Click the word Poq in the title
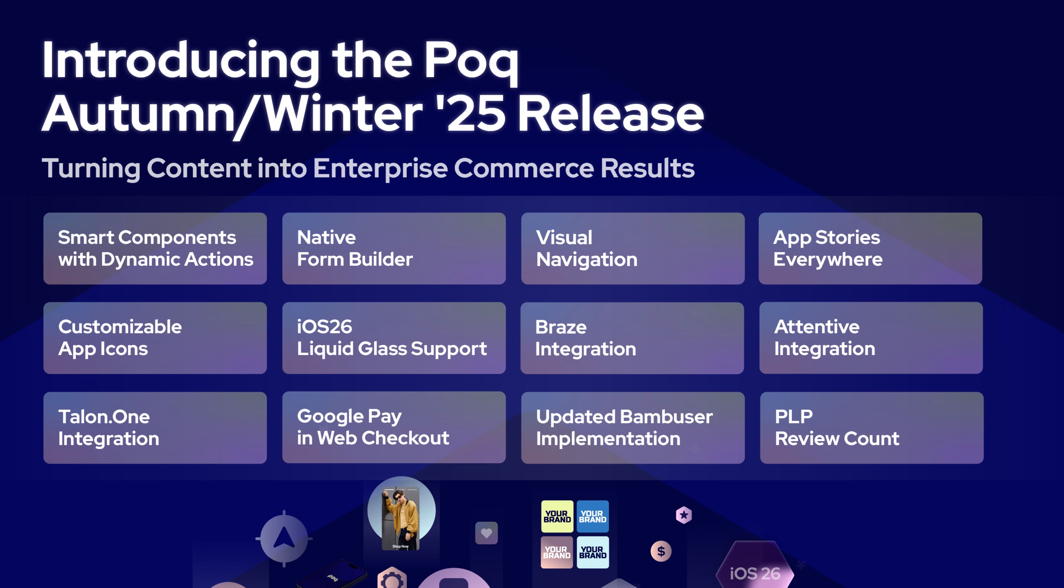coord(471,62)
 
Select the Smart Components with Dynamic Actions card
coord(155,248)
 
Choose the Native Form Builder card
coord(394,248)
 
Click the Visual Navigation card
coord(633,248)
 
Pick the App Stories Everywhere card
coord(870,248)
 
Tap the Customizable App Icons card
coord(155,338)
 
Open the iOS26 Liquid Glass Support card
coord(394,338)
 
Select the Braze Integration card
coord(632,338)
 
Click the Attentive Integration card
coord(871,338)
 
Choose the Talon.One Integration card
coord(155,427)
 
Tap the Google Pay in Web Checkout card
coord(394,427)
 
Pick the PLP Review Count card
coord(872,427)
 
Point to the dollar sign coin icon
coord(661,551)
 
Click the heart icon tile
coord(486,533)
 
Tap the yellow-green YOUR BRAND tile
coord(557,516)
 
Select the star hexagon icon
coord(684,515)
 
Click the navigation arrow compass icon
coord(284,539)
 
